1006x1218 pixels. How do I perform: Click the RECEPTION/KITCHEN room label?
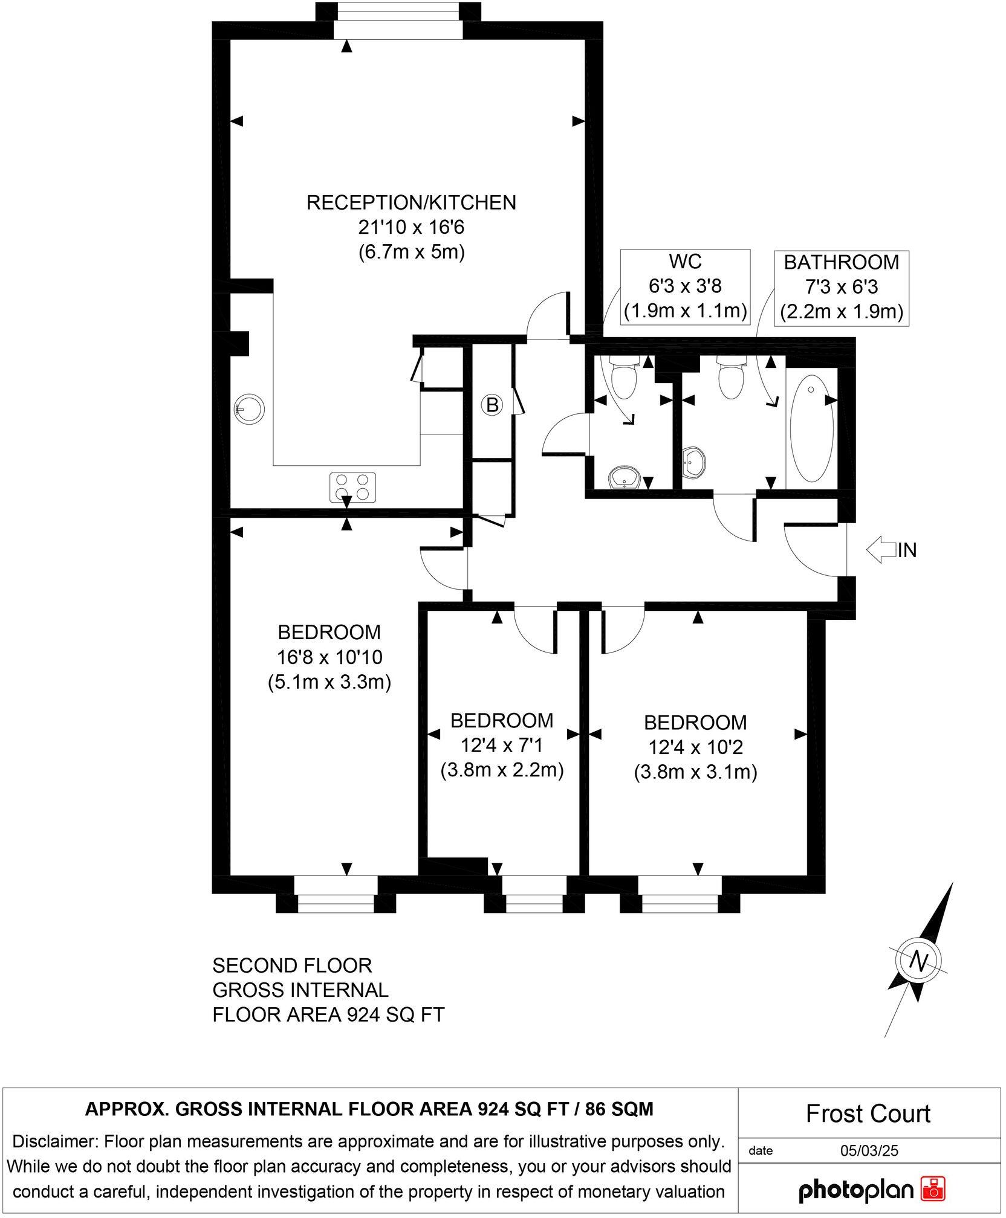coord(411,202)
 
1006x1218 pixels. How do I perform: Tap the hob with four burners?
coord(352,487)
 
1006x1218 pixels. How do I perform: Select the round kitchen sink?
coord(249,408)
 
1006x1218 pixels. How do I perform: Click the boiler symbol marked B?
coord(492,405)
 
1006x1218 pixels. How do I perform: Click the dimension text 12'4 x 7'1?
coord(501,746)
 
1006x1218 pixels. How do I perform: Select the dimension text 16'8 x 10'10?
coord(329,657)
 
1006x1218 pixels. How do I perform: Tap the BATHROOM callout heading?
coord(842,262)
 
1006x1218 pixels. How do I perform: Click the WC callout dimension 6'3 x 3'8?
coord(686,286)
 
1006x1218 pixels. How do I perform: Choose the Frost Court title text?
coord(868,1113)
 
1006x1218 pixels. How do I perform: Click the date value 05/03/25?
coord(869,1151)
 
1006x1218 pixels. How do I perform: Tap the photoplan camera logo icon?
coord(932,1190)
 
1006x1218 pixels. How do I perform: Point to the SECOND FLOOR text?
coord(292,965)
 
